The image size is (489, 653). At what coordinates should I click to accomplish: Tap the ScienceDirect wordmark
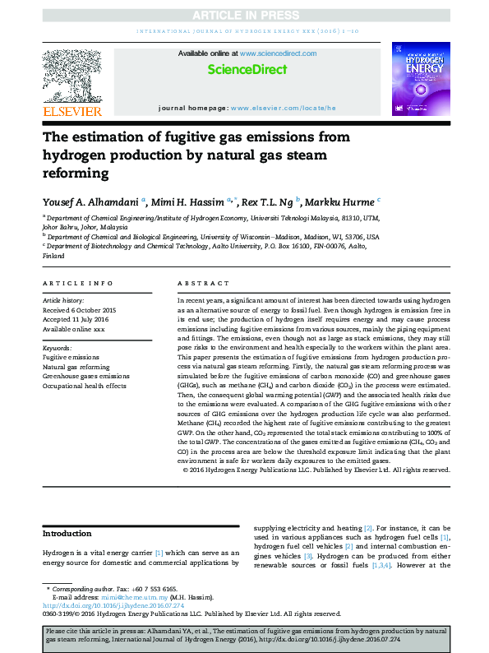point(244,70)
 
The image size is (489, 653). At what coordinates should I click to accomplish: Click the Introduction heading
point(67,534)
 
